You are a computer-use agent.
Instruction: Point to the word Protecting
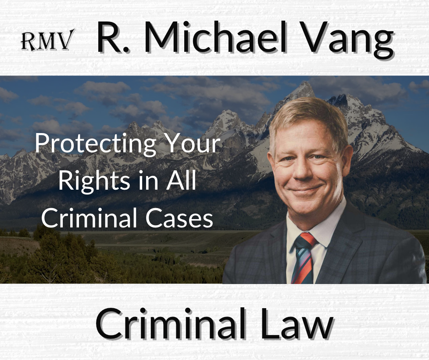(95, 144)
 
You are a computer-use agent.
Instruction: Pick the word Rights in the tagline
(94, 182)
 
